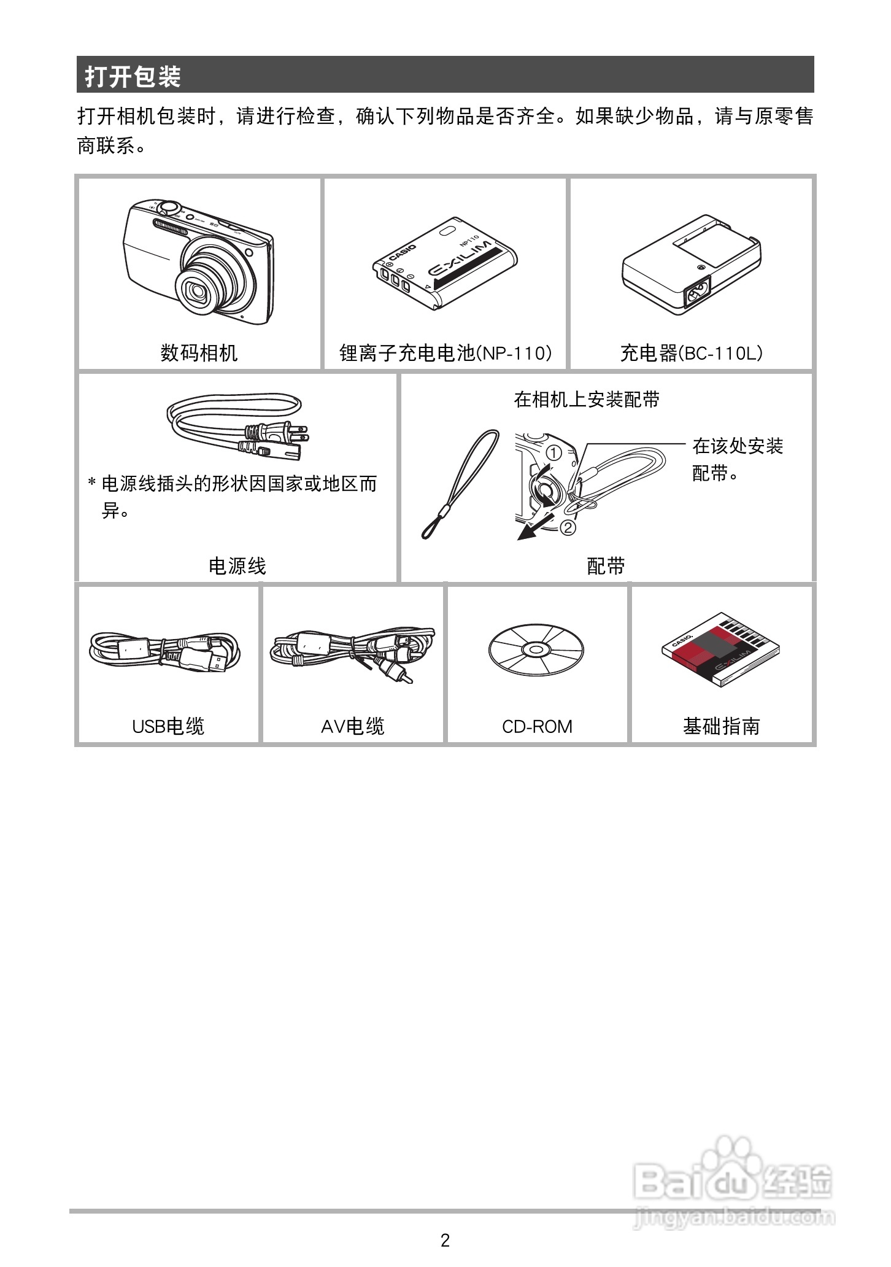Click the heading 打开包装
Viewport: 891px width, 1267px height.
point(133,77)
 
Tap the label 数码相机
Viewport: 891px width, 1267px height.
point(199,353)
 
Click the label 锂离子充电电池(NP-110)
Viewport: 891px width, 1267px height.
point(445,353)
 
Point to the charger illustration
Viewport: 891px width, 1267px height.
point(691,265)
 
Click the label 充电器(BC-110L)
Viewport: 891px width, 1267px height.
point(691,353)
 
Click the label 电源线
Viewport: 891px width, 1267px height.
point(237,565)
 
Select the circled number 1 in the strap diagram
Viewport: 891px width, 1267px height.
point(553,454)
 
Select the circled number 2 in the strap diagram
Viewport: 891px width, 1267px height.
point(568,527)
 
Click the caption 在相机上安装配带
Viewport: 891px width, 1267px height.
point(587,400)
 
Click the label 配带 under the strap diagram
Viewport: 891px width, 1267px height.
point(606,565)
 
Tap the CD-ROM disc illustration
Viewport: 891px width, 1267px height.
point(536,649)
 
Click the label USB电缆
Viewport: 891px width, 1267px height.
point(168,726)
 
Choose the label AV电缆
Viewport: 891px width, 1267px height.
point(353,726)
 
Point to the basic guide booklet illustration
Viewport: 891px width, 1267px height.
point(720,649)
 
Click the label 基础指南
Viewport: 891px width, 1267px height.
point(721,726)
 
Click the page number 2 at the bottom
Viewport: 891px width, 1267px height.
point(445,1240)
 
